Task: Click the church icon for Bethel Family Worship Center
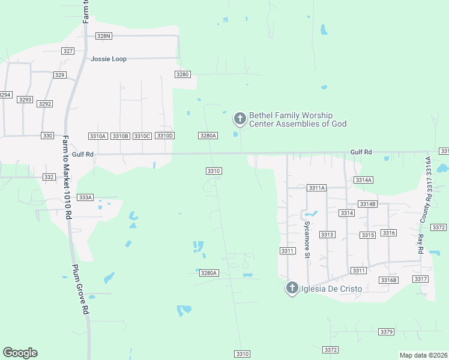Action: coord(240,119)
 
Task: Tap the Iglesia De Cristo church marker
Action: coord(292,289)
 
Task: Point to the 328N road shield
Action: coord(104,36)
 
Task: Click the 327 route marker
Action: coord(68,51)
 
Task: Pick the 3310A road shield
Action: coord(97,136)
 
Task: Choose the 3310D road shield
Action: coord(164,136)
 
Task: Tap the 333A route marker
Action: coord(86,197)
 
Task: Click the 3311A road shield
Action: coord(316,188)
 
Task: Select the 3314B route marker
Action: coord(367,204)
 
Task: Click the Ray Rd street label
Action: coord(421,243)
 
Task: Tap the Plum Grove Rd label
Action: coord(81,290)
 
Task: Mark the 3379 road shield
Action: coord(387,332)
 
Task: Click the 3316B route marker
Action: coord(388,280)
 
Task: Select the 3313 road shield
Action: coord(327,235)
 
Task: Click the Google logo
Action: coord(20,353)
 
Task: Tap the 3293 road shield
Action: coord(25,100)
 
